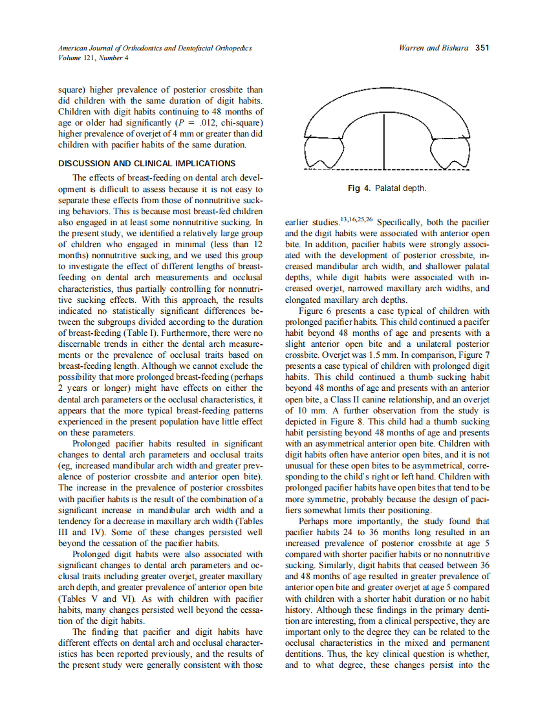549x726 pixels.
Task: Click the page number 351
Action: [x=482, y=48]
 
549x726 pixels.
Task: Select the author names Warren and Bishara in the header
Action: [x=435, y=48]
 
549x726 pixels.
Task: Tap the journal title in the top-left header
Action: [x=155, y=49]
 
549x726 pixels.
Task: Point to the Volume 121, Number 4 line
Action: [x=93, y=58]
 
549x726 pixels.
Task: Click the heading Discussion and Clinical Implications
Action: [x=147, y=163]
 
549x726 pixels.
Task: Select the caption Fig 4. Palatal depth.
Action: [x=387, y=188]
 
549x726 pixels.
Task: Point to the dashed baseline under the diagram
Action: [x=387, y=170]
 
